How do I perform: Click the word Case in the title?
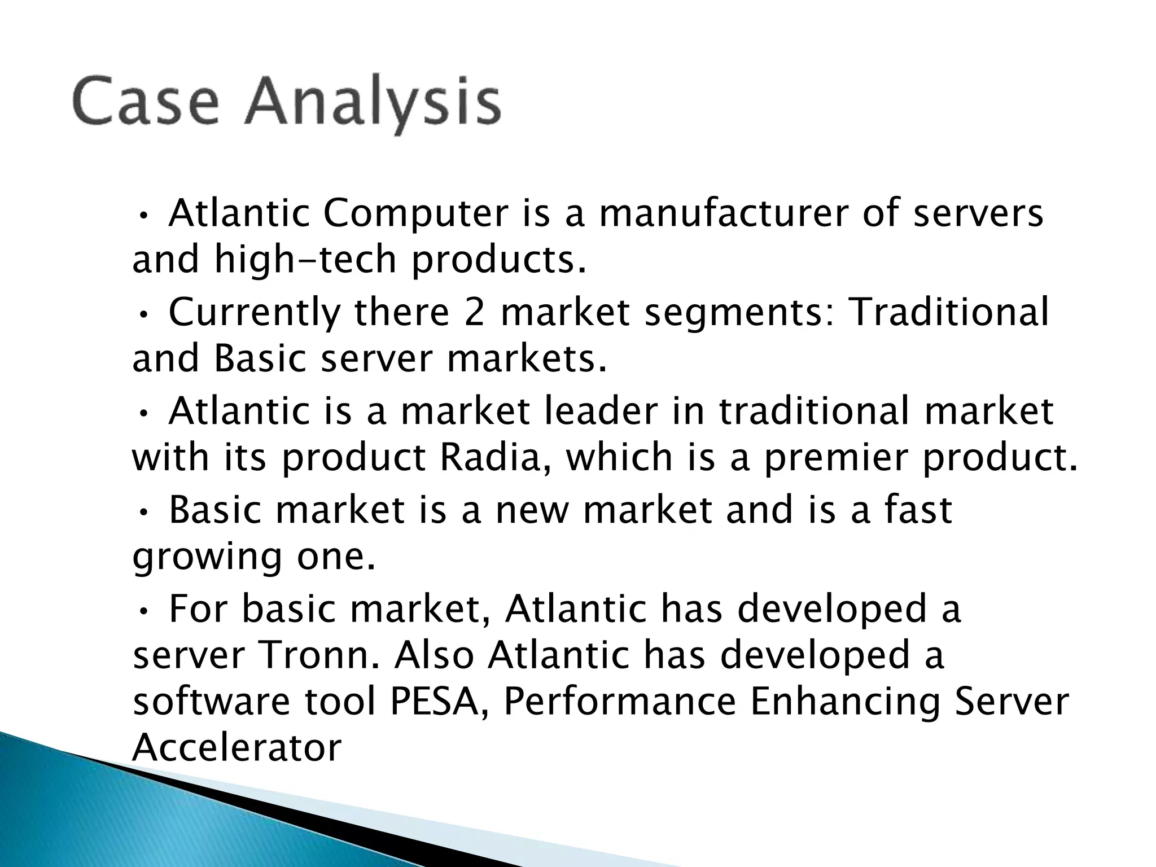(145, 102)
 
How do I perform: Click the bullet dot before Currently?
(144, 314)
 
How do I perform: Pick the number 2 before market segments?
(474, 313)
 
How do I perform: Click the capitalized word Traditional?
(949, 313)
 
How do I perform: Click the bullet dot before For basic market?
(144, 610)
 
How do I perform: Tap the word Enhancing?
(844, 703)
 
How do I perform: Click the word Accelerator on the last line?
(237, 747)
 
